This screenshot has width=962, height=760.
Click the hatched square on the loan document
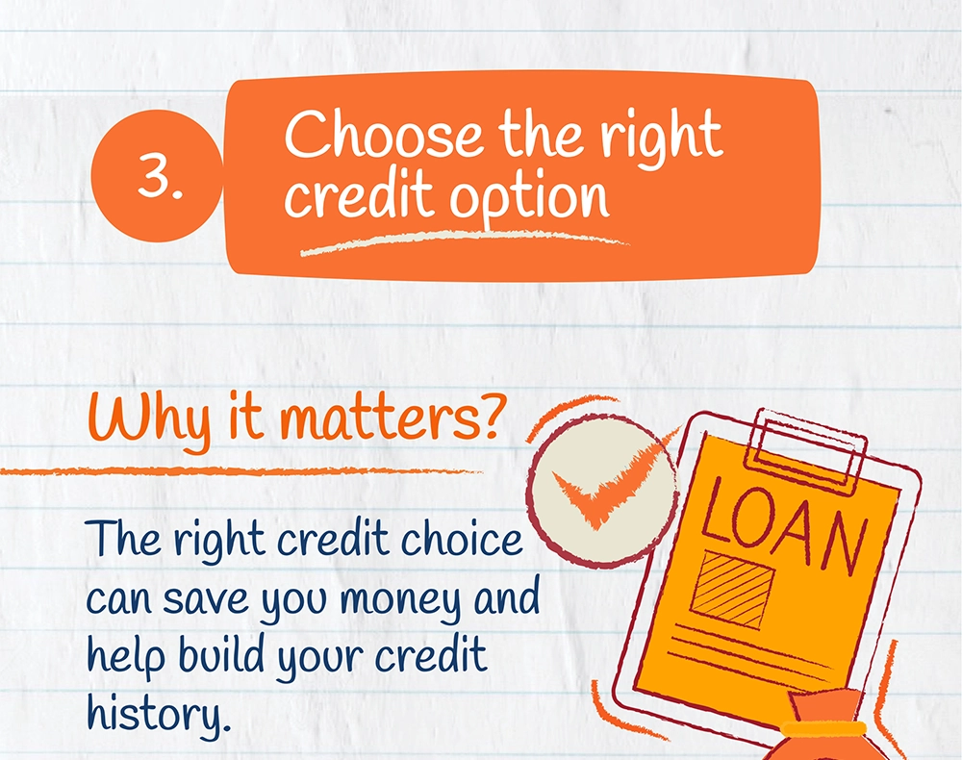pyautogui.click(x=732, y=589)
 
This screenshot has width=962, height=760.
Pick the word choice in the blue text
pyautogui.click(x=462, y=538)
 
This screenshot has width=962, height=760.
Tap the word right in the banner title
pyautogui.click(x=661, y=137)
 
